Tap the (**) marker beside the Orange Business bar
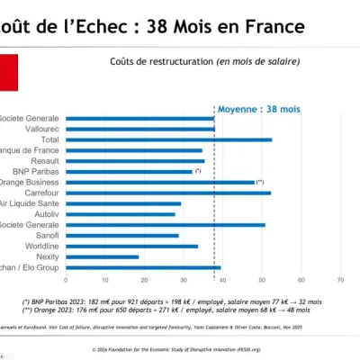pos(260,182)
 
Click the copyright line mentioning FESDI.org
pos(180,348)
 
